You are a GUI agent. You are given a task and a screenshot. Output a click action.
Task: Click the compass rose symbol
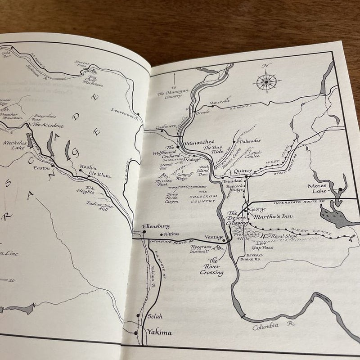pos(266,81)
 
